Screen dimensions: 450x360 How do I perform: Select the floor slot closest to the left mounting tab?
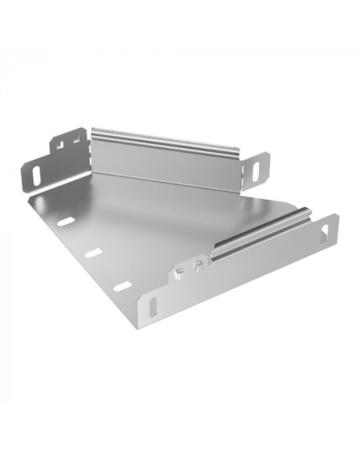coord(65,221)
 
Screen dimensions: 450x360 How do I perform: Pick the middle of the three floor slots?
coord(93,254)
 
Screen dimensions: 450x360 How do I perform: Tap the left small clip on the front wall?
coord(182,269)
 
